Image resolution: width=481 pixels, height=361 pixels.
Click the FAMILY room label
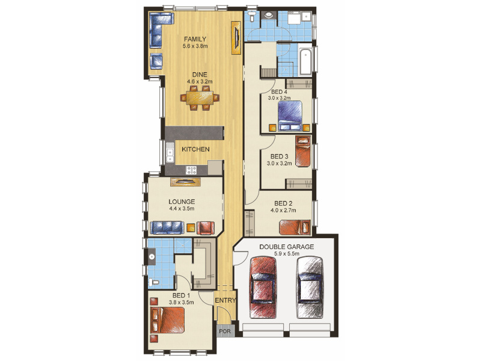(x=195, y=39)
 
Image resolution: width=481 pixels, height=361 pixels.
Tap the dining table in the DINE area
(x=200, y=98)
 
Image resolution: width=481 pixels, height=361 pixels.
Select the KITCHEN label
(x=196, y=149)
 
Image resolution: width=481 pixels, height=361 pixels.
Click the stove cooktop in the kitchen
(x=191, y=170)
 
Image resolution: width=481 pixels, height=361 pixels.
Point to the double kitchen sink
(x=170, y=152)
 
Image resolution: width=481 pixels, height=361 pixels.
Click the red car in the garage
(x=263, y=288)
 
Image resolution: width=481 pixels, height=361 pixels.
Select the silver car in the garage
(x=310, y=288)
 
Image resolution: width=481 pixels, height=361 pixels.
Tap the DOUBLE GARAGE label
(x=287, y=247)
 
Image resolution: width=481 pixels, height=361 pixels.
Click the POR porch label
(x=225, y=332)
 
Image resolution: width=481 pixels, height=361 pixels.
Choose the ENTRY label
(x=225, y=300)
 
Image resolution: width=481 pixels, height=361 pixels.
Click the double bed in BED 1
(x=168, y=320)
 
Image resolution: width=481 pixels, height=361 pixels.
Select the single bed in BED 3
(x=303, y=152)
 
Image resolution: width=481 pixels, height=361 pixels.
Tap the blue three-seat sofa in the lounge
(x=167, y=228)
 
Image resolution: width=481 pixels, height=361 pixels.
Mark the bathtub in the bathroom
(x=305, y=61)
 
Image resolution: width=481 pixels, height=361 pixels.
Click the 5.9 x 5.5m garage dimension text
(x=287, y=254)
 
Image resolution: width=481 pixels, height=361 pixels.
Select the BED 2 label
(x=283, y=203)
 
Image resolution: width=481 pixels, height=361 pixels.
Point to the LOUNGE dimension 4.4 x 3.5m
(x=182, y=209)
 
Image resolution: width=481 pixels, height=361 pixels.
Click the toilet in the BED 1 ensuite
(x=154, y=282)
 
